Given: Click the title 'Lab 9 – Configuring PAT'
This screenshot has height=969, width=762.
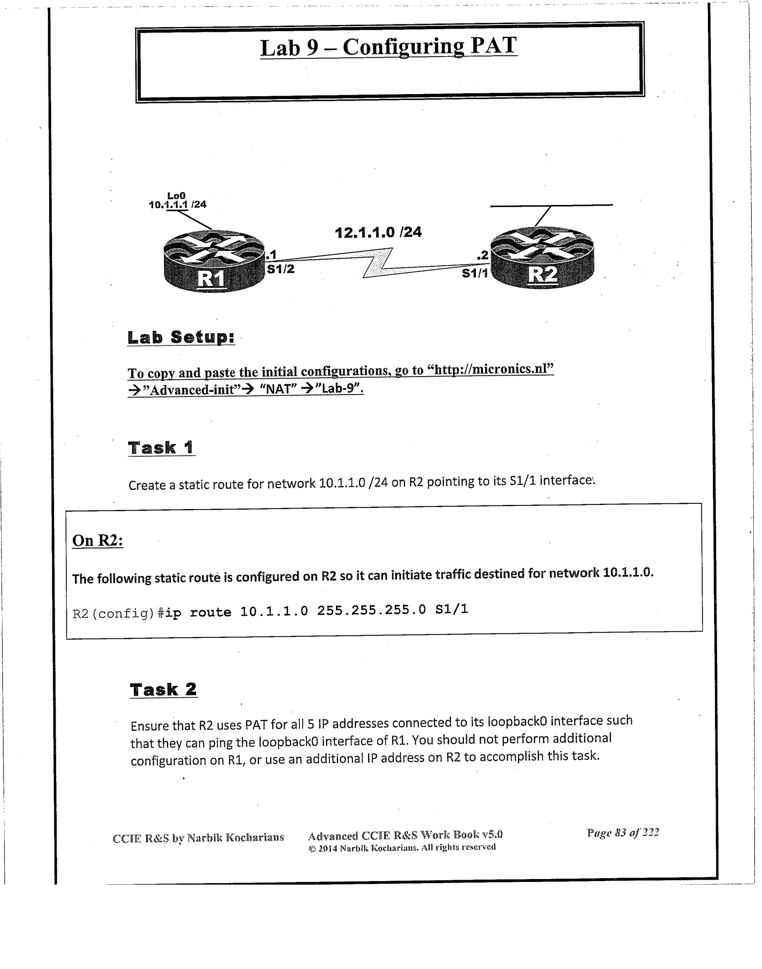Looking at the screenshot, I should pyautogui.click(x=388, y=47).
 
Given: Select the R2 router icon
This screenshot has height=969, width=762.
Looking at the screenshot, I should pyautogui.click(x=541, y=259).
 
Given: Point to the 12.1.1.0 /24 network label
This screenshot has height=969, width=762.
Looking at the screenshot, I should pyautogui.click(x=378, y=233).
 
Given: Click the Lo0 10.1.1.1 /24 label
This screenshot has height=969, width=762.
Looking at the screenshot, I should pyautogui.click(x=177, y=200).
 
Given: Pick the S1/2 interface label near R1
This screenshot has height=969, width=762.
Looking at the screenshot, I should pyautogui.click(x=280, y=269).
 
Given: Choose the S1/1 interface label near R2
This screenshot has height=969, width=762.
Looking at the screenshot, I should pyautogui.click(x=474, y=273).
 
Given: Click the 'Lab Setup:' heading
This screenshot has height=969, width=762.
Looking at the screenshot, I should pyautogui.click(x=181, y=337).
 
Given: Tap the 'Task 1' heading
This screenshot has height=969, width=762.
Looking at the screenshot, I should pyautogui.click(x=161, y=448).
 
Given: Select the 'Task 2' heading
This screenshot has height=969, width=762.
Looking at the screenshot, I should pyautogui.click(x=163, y=689).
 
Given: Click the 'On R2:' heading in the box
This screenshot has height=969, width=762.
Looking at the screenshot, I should pyautogui.click(x=98, y=540).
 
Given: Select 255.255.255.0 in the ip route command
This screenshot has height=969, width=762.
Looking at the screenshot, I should pyautogui.click(x=371, y=610).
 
